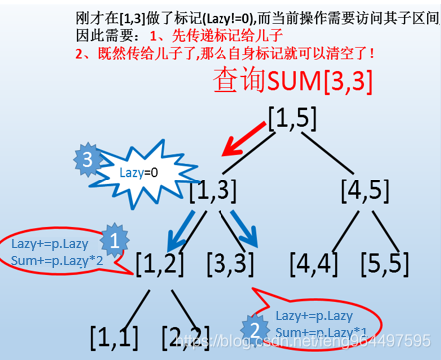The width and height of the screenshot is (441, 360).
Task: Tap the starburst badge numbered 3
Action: pos(88,160)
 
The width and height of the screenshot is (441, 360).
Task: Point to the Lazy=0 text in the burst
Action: pos(139,173)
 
